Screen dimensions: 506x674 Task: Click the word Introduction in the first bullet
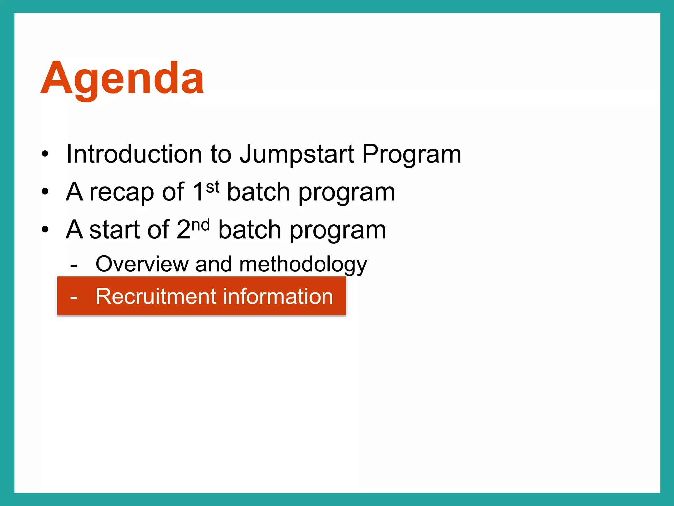tap(134, 154)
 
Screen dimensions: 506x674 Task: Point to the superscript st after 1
tap(213, 187)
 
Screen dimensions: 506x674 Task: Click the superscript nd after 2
tap(200, 225)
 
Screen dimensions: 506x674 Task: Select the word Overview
tap(142, 264)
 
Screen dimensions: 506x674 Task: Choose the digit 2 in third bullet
tap(183, 230)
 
